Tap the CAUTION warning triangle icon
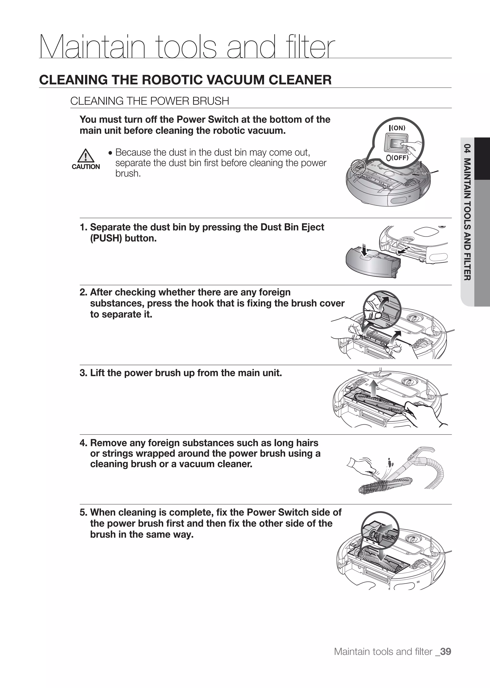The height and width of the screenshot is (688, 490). click(x=86, y=156)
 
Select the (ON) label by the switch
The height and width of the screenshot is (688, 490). click(x=399, y=128)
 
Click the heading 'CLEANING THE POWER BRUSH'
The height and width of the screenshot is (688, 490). click(x=150, y=101)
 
